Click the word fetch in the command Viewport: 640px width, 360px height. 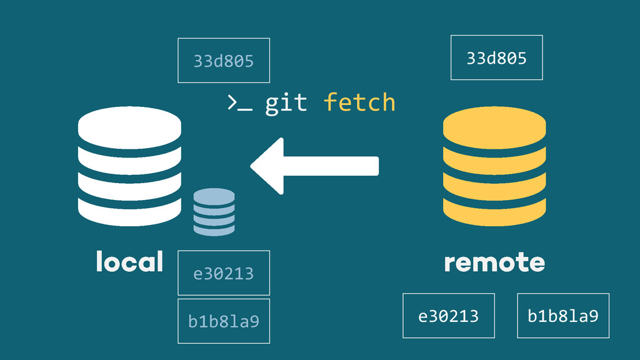pyautogui.click(x=359, y=102)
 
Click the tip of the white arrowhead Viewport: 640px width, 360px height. pyautogui.click(x=252, y=166)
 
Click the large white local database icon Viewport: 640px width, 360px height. pyautogui.click(x=129, y=166)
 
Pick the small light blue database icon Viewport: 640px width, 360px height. pyautogui.click(x=214, y=212)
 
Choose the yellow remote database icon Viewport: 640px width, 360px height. pyautogui.click(x=494, y=166)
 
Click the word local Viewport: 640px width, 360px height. pyautogui.click(x=129, y=262)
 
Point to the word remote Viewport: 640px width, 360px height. pyautogui.click(x=494, y=262)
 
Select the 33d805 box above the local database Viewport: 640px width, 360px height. pyautogui.click(x=224, y=61)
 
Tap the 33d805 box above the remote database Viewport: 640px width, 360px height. pyautogui.click(x=497, y=58)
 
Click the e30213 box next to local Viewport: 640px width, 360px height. pyautogui.click(x=224, y=273)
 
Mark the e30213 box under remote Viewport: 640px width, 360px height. pyautogui.click(x=449, y=316)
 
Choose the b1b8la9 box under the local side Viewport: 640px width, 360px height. pyautogui.click(x=224, y=321)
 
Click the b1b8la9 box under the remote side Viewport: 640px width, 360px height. pyautogui.click(x=563, y=316)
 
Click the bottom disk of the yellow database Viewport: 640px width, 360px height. pyautogui.click(x=494, y=212)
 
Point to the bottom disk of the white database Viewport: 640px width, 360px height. pyautogui.click(x=129, y=212)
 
